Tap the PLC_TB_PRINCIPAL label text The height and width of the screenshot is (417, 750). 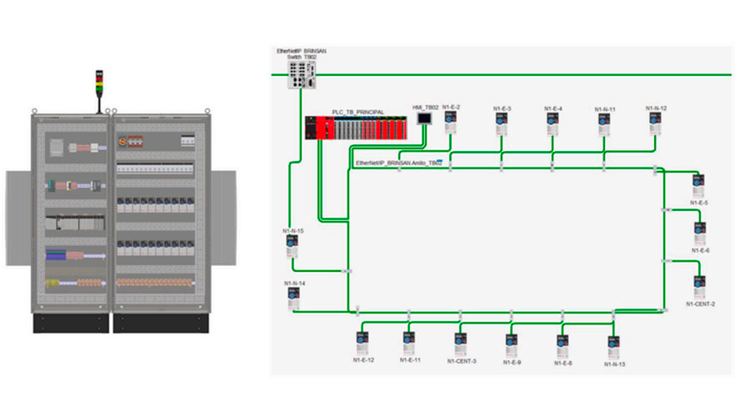357,112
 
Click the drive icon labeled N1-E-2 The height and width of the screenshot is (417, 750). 451,123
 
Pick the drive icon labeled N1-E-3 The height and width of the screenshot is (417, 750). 502,123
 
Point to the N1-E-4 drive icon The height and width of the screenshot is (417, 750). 553,123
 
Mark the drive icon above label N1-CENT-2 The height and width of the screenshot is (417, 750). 700,286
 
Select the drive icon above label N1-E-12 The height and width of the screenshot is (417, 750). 362,343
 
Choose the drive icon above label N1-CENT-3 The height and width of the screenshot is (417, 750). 461,343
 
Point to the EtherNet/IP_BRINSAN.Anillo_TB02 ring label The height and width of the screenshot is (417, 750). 398,163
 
